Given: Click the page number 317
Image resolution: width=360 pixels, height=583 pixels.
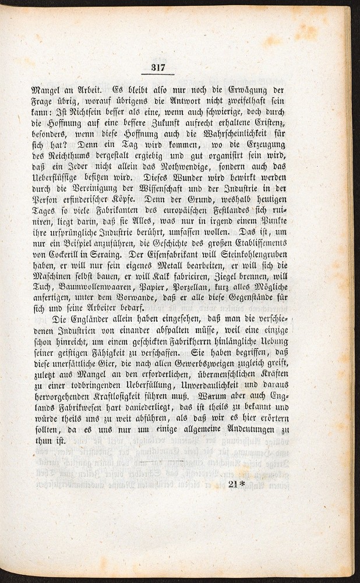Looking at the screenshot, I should coord(158,68).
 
